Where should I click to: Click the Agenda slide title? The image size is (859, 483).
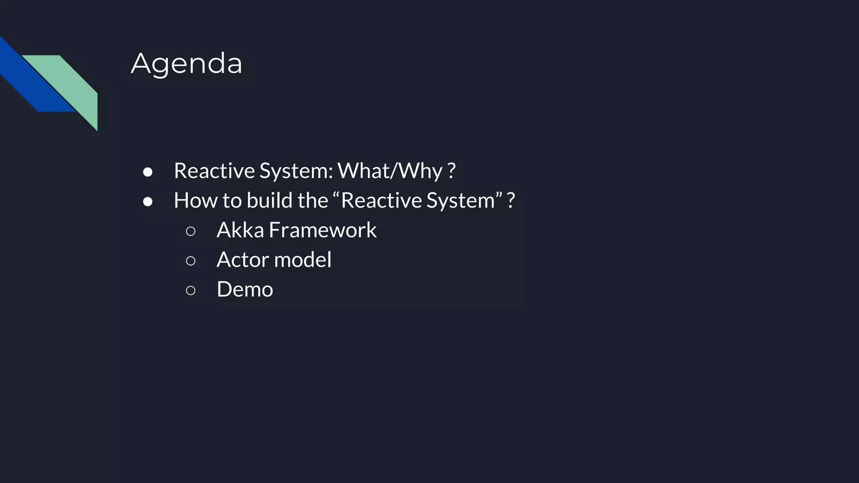[x=187, y=64]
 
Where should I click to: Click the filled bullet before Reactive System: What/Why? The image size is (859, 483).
[x=148, y=172]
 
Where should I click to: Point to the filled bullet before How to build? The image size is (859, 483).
[x=148, y=202]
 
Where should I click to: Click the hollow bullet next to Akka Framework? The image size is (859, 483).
[x=190, y=231]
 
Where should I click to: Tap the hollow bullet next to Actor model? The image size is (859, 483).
[x=190, y=261]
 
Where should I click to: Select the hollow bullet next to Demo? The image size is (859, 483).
[x=190, y=290]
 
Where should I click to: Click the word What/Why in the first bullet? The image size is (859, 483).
[x=390, y=171]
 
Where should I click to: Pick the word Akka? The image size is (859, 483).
[x=240, y=230]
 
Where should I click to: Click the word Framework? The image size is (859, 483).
[x=323, y=230]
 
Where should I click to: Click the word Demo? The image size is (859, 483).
[x=245, y=289]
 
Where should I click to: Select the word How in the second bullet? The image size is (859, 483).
[x=195, y=200]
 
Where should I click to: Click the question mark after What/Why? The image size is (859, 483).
[x=451, y=171]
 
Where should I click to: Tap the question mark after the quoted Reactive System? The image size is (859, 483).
[x=510, y=200]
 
